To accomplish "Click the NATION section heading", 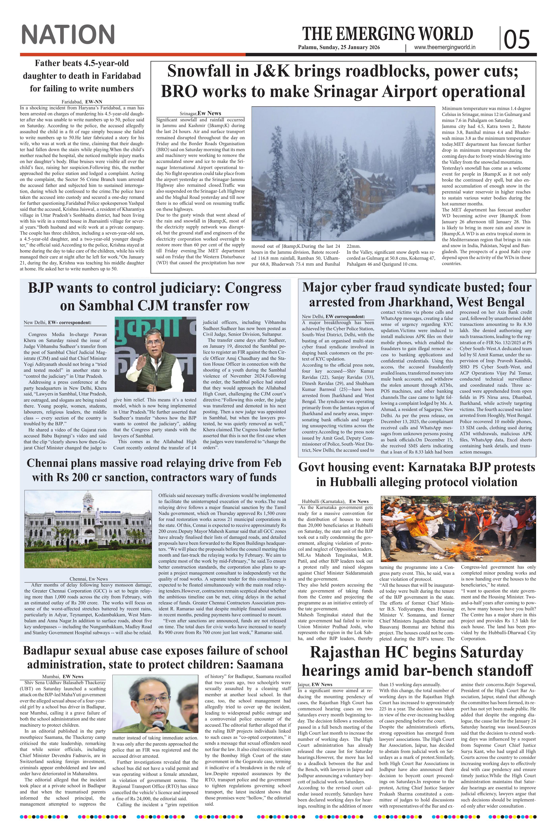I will [x=68, y=34].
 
